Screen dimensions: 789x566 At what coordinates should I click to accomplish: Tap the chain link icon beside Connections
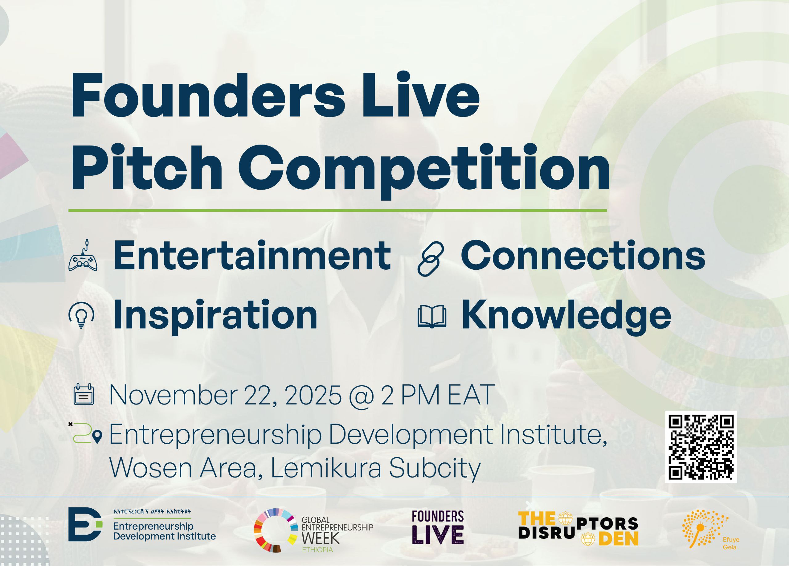coord(431,259)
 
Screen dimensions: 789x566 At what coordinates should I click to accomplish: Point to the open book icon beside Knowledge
coord(432,317)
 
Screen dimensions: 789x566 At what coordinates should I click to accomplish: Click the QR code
coord(701,447)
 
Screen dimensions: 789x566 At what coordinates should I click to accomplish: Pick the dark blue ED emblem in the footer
coord(85,524)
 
